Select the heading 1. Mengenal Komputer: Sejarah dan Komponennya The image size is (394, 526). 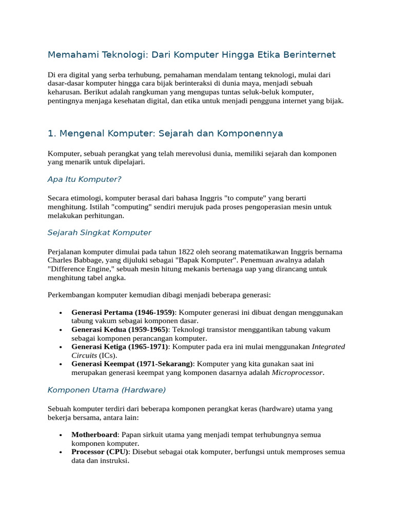(165, 134)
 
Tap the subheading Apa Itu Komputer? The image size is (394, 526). (84, 179)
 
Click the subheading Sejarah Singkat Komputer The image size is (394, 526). (100, 233)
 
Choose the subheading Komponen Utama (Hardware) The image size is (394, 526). (107, 390)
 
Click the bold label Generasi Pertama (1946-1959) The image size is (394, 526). (123, 312)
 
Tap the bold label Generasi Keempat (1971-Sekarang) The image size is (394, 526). (132, 364)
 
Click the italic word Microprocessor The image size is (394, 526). (298, 373)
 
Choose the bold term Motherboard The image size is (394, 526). (94, 435)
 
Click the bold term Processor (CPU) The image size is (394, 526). (101, 452)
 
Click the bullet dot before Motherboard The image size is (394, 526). (61, 435)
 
